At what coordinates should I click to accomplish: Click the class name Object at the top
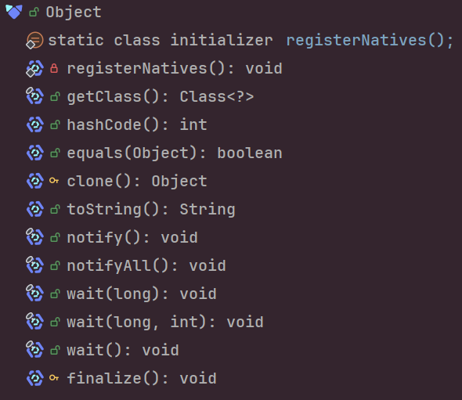click(x=74, y=13)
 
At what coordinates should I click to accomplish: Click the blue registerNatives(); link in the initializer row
click(x=370, y=41)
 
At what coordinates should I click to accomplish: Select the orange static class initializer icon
click(x=34, y=41)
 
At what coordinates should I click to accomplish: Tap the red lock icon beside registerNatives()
click(x=54, y=68)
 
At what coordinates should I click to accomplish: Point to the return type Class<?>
click(x=217, y=96)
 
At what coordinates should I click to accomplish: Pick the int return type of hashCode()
click(x=193, y=125)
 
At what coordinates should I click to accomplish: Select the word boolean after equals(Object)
click(x=250, y=153)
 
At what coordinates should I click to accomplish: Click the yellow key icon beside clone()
click(x=54, y=181)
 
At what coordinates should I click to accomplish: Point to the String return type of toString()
click(x=208, y=210)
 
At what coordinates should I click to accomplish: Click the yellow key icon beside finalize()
click(x=54, y=377)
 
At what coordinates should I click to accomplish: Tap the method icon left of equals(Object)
click(x=35, y=153)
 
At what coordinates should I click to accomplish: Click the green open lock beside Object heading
click(x=34, y=13)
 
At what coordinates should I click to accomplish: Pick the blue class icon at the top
click(x=14, y=12)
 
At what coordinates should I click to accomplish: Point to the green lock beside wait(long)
click(x=55, y=294)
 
